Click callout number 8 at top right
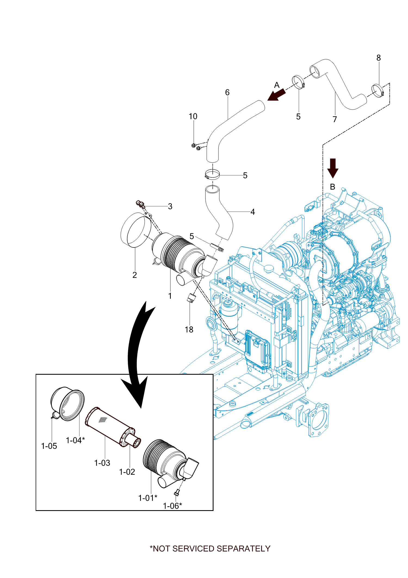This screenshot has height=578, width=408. coord(378,58)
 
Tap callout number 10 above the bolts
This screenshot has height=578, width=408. coord(193,116)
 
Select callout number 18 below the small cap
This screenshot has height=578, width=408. coord(189,329)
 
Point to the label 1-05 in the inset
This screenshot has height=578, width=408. coord(49,446)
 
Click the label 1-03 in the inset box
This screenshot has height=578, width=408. coord(102,463)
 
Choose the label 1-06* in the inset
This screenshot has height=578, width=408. coord(172,506)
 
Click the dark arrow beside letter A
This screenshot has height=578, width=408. coord(276,95)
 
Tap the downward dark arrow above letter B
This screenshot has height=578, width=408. coord(333,168)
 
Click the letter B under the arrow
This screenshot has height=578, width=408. coord(332,187)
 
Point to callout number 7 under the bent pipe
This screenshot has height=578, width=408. coord(335,119)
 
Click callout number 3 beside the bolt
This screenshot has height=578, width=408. coord(170,207)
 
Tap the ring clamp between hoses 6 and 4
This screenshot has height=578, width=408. coord(212,174)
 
